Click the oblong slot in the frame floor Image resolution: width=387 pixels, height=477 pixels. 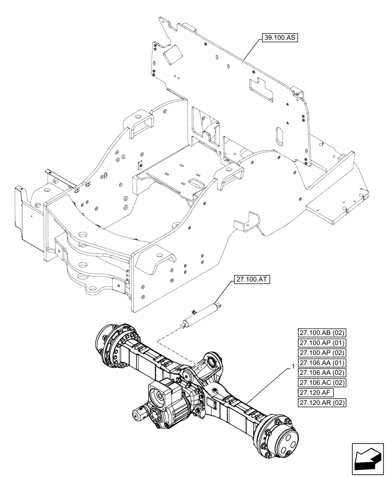(196, 183)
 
